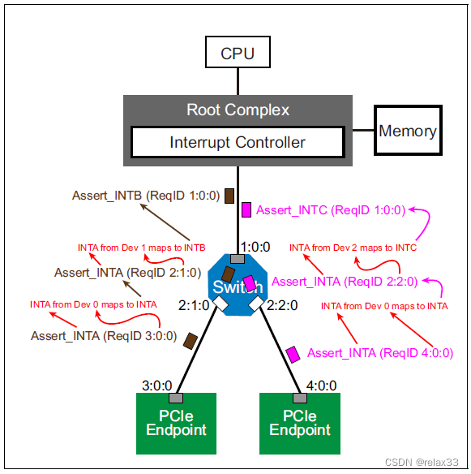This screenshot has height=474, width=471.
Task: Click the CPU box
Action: (238, 54)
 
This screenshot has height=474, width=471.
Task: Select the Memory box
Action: (408, 131)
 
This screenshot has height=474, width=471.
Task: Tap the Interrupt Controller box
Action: (238, 143)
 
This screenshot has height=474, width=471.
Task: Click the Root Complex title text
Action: (238, 110)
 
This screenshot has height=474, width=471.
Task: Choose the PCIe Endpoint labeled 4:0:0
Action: (300, 423)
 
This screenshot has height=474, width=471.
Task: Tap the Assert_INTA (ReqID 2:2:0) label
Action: (345, 282)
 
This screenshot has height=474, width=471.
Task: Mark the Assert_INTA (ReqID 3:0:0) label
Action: (104, 335)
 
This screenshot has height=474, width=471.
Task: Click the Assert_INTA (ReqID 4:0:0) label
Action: (380, 353)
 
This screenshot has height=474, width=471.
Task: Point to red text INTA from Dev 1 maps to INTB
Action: (141, 247)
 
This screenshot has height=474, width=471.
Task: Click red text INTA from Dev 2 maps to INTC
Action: (353, 247)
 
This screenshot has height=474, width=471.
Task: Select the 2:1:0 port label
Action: (195, 305)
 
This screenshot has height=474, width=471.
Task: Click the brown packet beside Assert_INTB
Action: (229, 196)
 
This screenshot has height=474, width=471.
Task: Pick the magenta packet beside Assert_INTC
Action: (247, 210)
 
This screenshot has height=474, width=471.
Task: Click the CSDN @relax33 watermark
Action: (422, 462)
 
